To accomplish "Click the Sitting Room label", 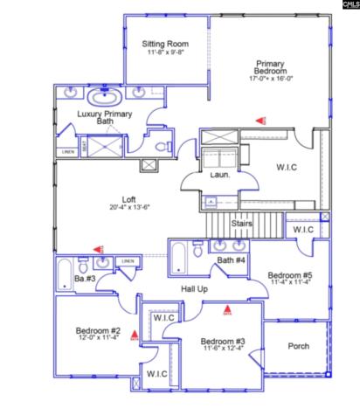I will click(165, 43).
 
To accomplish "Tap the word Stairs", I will click(243, 225).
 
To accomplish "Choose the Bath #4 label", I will click(232, 260).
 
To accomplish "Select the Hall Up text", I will click(194, 288).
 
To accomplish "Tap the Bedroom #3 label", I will click(222, 341).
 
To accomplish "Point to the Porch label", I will click(299, 346).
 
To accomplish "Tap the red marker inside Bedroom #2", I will click(135, 333).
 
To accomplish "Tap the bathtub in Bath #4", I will click(177, 259).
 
